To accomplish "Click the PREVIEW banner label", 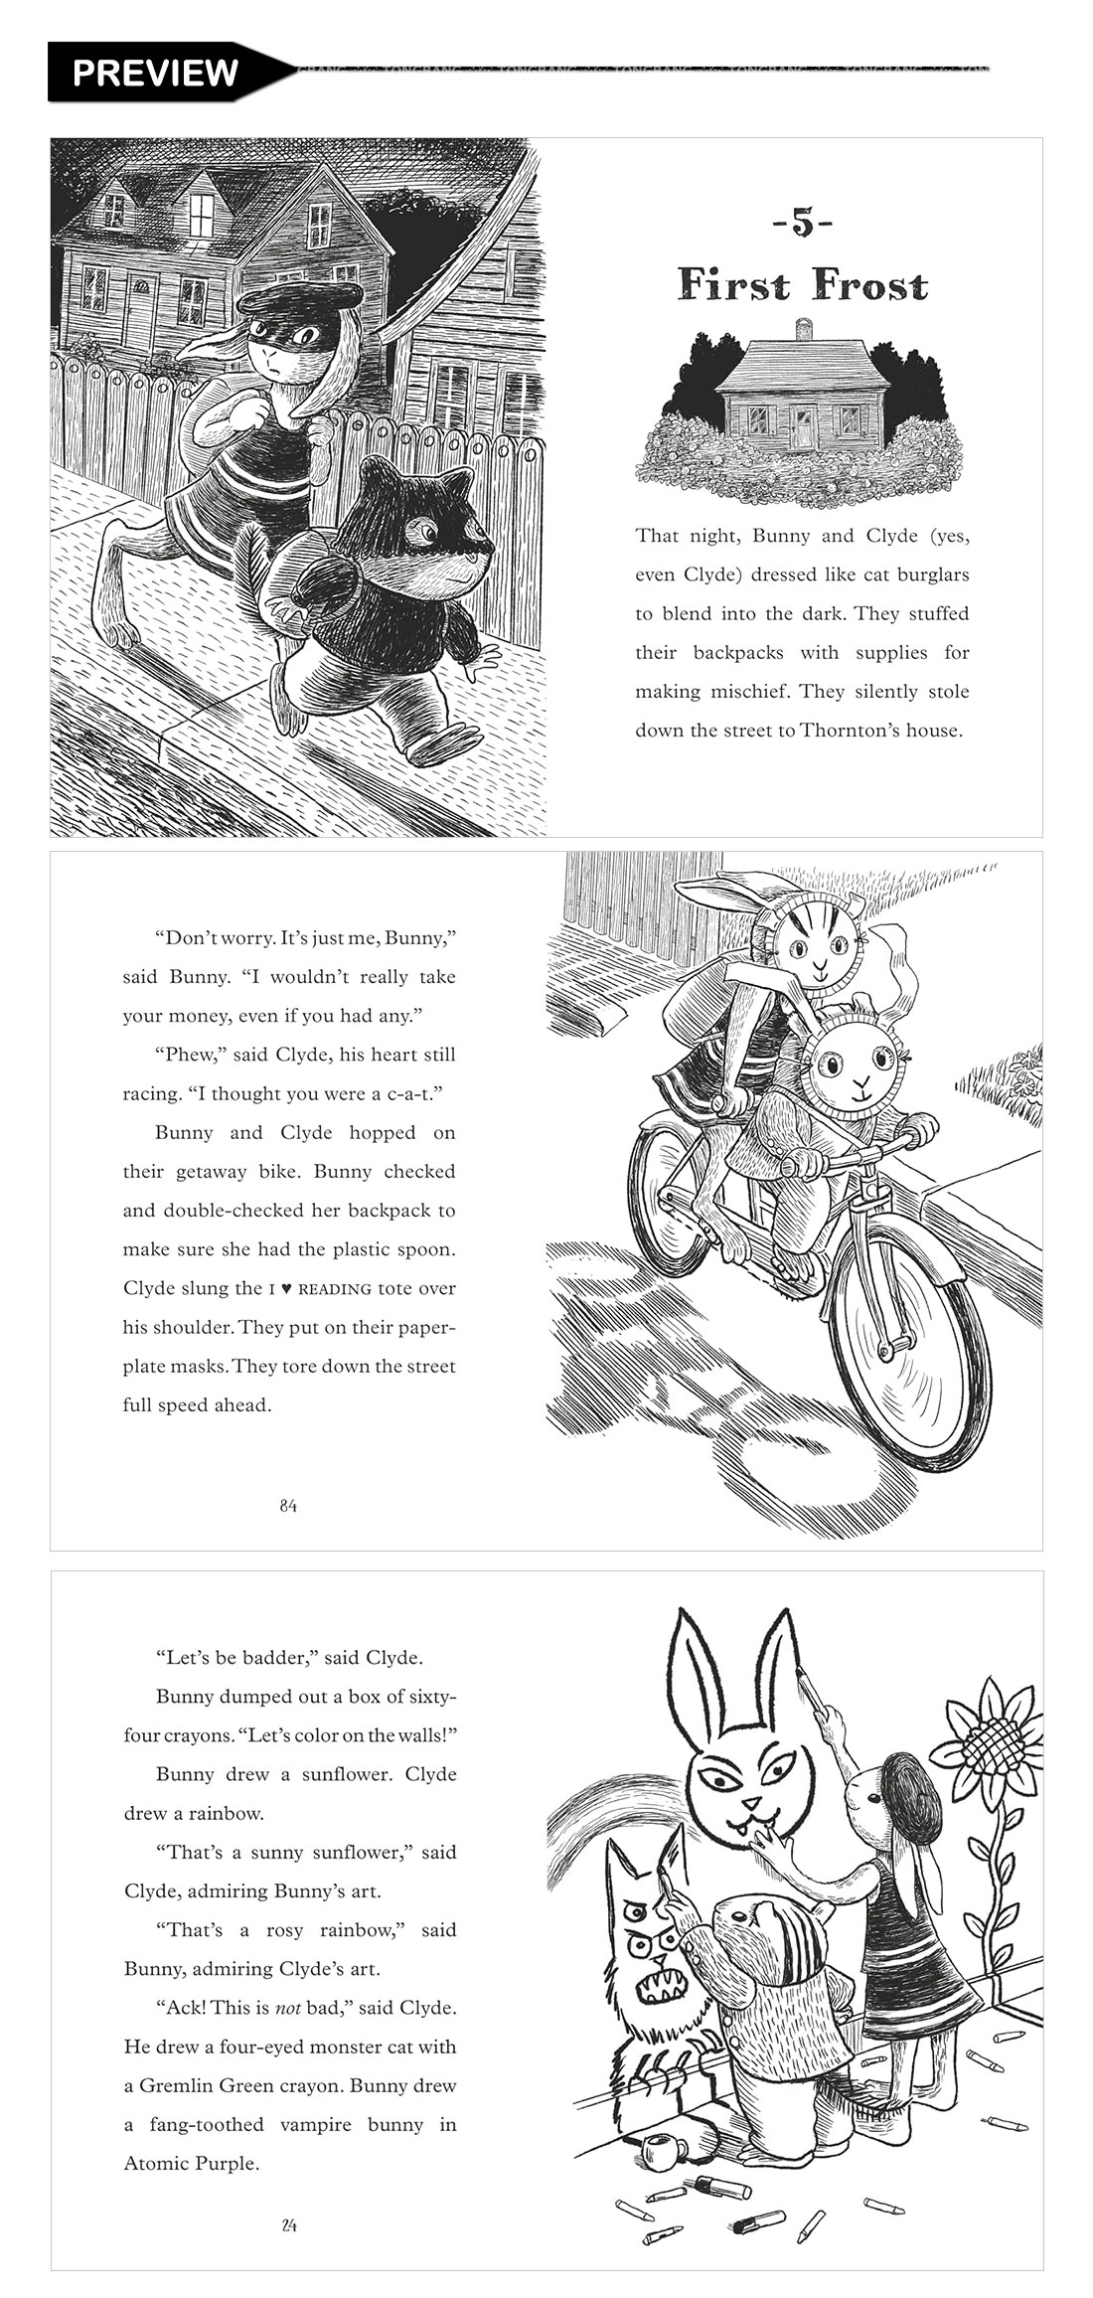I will coord(155,72).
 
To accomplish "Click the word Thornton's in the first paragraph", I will coord(863,731).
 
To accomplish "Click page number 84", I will coord(288,1506).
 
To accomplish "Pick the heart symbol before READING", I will coord(285,1289).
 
